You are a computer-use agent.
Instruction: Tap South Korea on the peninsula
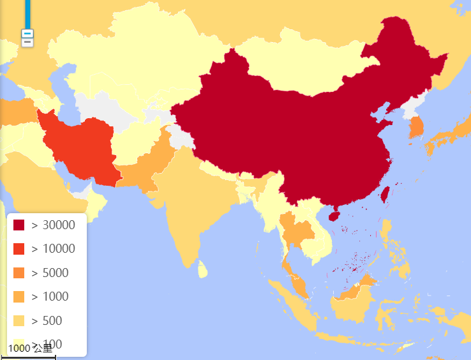[416, 128]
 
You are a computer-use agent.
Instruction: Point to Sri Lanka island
[202, 271]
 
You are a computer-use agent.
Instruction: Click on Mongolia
[294, 64]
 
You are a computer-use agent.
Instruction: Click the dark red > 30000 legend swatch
[19, 225]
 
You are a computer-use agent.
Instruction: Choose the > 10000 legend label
[54, 249]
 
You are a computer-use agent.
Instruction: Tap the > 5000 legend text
[50, 273]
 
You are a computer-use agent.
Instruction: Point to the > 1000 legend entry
[50, 297]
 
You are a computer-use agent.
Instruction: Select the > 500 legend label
[47, 320]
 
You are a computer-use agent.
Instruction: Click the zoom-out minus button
[27, 34]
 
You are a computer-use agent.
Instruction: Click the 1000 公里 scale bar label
[30, 349]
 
